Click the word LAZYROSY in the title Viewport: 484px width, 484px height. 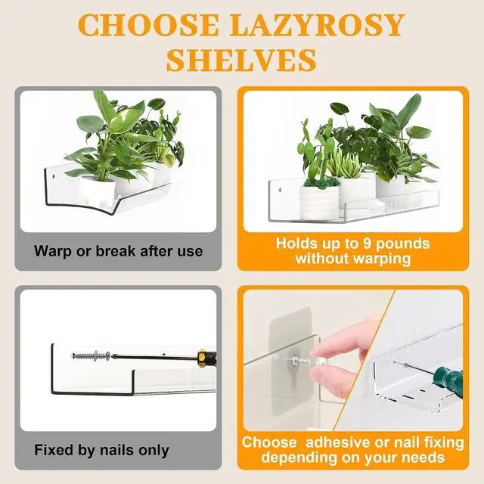tap(318, 25)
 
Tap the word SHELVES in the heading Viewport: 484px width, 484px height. tap(241, 60)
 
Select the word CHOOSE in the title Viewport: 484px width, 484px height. tap(149, 25)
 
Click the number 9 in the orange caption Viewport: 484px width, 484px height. tap(367, 244)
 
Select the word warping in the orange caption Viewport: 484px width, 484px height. tap(382, 259)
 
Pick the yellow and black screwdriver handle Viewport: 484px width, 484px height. tap(207, 358)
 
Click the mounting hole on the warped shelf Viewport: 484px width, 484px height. tap(54, 176)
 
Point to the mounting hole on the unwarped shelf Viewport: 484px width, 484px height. tap(281, 189)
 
